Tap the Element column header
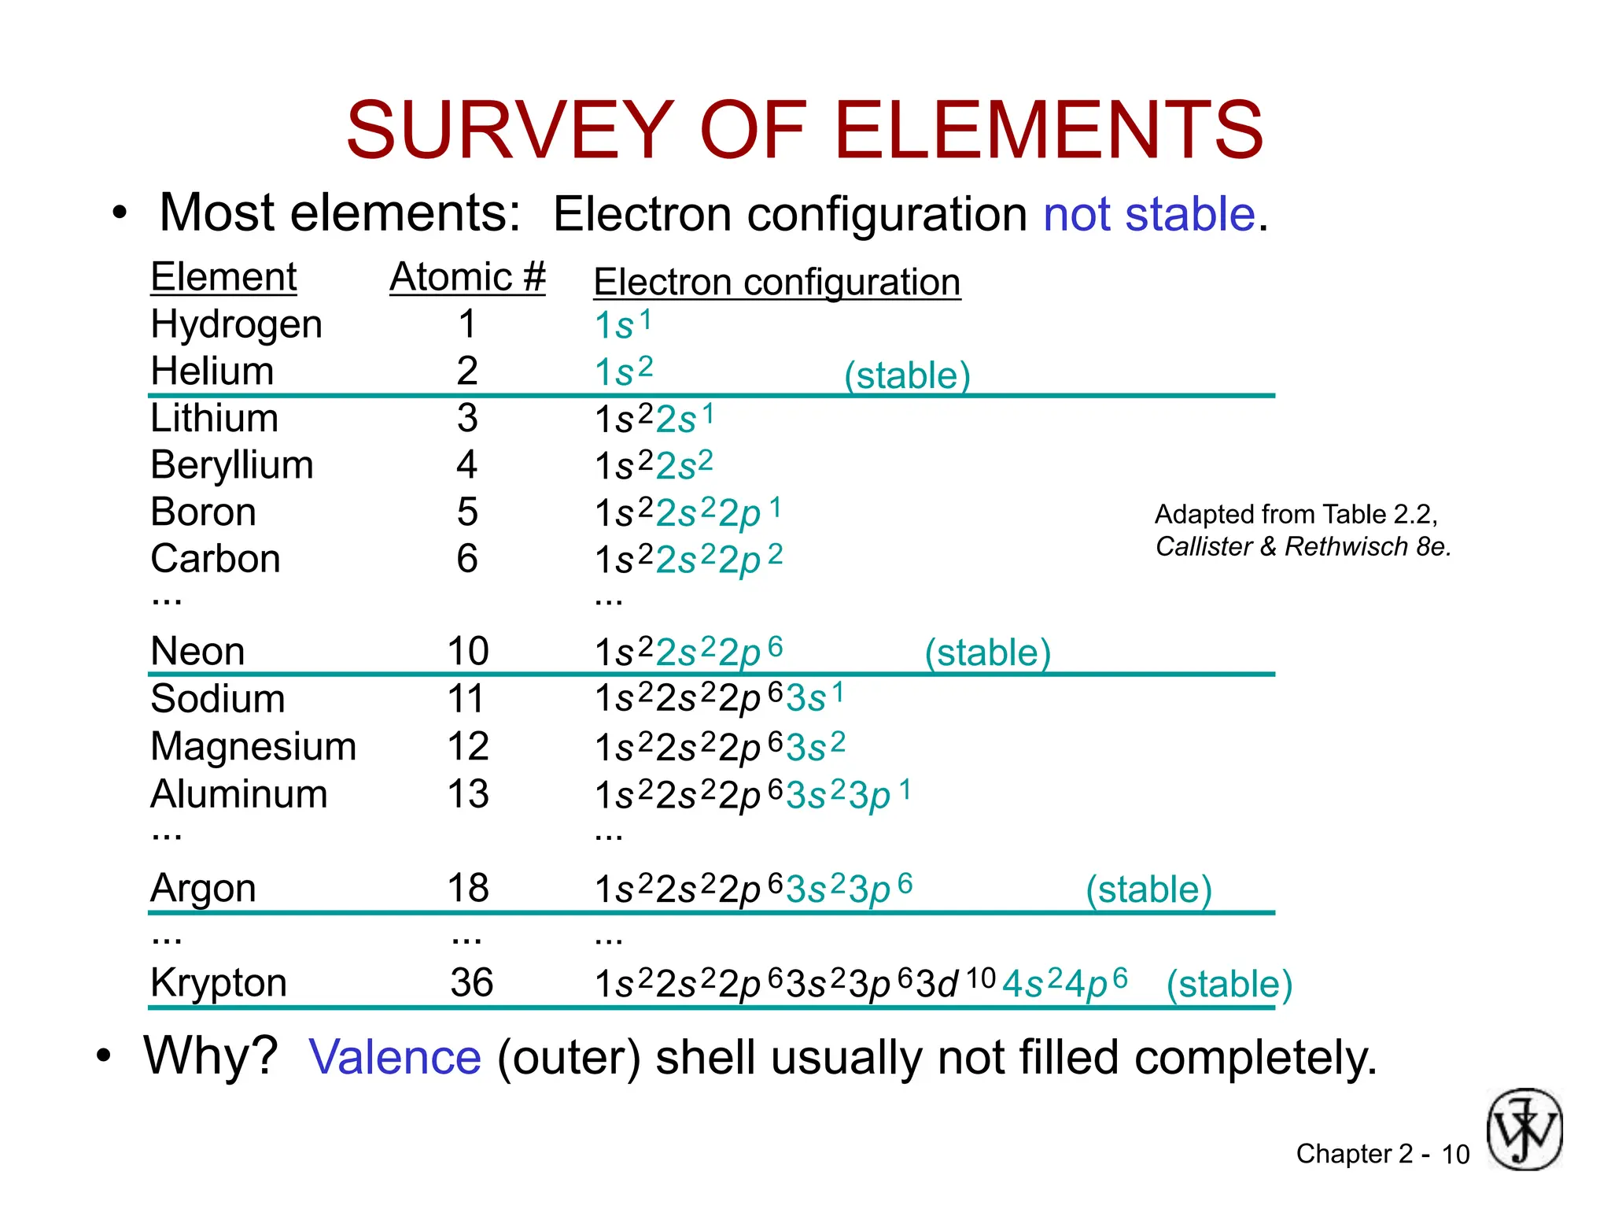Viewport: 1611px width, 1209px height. pos(223,277)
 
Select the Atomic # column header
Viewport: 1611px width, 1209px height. pos(467,277)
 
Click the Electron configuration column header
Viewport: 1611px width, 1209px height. pos(776,282)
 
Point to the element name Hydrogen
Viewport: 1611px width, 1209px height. pos(236,324)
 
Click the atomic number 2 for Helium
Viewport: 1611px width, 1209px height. pos(467,371)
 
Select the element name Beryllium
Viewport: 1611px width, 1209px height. pos(232,465)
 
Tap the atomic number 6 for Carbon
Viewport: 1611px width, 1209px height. pos(467,559)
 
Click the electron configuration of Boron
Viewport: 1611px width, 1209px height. pos(688,512)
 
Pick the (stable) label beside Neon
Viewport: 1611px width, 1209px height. pos(987,653)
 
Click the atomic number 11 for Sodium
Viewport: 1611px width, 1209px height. pos(466,699)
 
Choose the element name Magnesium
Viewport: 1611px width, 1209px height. pos(253,746)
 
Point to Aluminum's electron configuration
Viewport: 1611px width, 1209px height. pos(752,794)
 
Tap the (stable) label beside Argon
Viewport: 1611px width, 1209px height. pos(1148,889)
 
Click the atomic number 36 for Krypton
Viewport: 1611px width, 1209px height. pos(472,983)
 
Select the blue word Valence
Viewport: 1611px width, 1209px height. pos(395,1056)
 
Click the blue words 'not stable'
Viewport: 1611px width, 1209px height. pos(1149,214)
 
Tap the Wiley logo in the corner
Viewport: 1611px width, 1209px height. pos(1524,1129)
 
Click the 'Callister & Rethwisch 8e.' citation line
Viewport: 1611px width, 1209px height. pos(1303,546)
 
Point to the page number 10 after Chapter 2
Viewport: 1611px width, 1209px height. pos(1454,1155)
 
